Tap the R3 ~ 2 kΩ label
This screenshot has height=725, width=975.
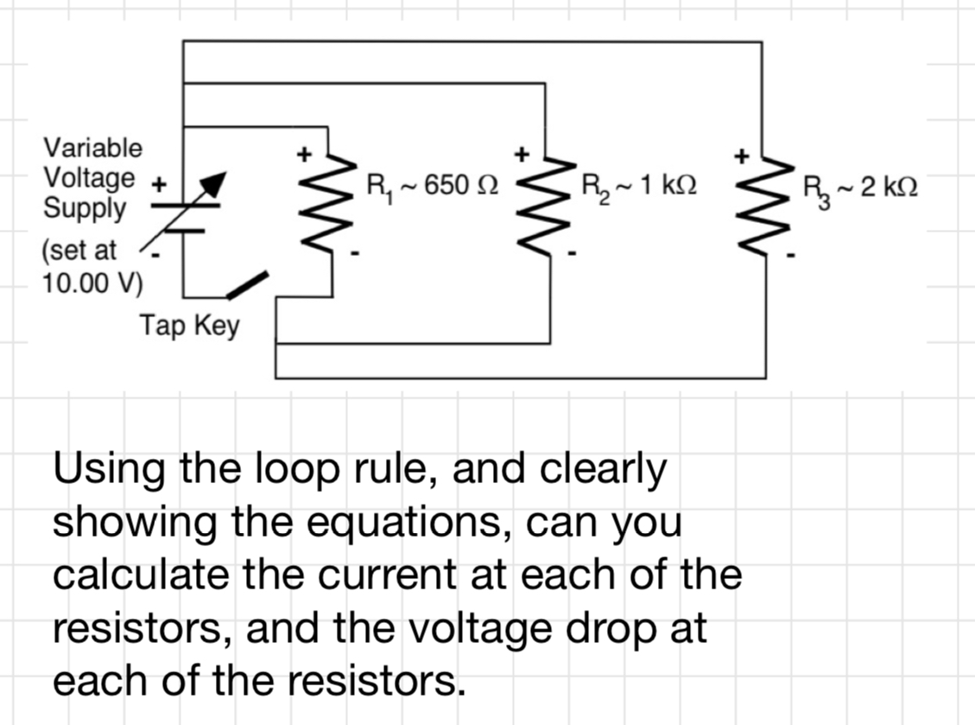[x=859, y=187]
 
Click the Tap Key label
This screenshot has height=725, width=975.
[x=189, y=326]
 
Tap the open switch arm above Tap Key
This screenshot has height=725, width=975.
[x=249, y=284]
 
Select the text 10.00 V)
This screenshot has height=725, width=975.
[x=93, y=283]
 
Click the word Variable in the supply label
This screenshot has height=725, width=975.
[x=93, y=148]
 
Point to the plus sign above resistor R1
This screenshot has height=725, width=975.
[x=303, y=156]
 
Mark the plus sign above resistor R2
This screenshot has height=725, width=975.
[x=521, y=156]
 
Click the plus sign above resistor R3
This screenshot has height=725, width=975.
[x=740, y=156]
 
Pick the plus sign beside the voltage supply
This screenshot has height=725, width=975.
[x=159, y=184]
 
